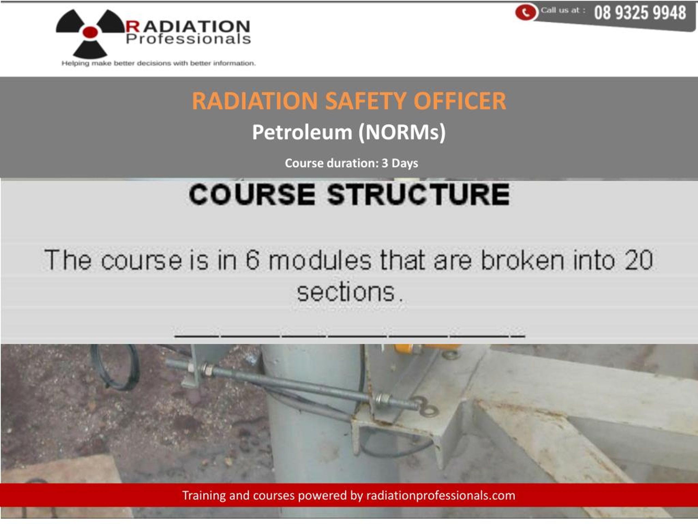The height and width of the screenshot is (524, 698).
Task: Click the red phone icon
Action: click(525, 12)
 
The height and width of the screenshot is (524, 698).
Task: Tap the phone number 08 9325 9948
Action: click(640, 13)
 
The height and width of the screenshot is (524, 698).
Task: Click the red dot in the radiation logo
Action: click(90, 32)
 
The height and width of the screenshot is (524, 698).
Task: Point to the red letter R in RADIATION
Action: click(133, 26)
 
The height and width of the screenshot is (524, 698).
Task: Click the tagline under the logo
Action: click(158, 63)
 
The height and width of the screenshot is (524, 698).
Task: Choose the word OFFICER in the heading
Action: click(460, 101)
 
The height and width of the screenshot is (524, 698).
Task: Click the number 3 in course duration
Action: click(385, 163)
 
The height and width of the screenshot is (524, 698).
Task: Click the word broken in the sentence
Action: click(523, 260)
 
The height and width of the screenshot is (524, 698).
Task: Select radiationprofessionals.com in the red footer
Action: click(441, 495)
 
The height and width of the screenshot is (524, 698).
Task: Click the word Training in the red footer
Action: click(204, 495)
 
